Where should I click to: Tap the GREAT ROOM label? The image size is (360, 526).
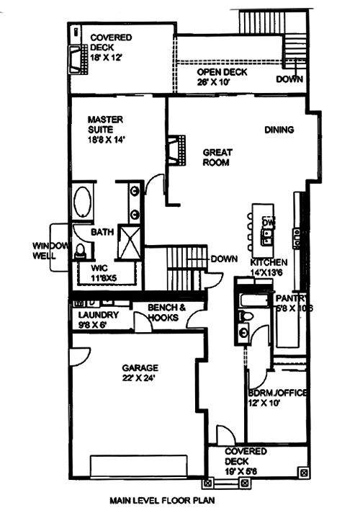tap(216, 157)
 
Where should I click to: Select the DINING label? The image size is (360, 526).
tap(279, 130)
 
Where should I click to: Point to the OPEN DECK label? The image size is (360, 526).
tap(222, 73)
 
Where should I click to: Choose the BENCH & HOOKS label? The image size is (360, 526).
tap(167, 312)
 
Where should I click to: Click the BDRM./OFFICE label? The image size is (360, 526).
tap(277, 393)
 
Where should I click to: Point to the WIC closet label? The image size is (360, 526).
tap(99, 268)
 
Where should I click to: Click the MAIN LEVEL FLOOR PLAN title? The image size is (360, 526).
tap(162, 499)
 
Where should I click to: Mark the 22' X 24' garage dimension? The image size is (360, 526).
tap(140, 376)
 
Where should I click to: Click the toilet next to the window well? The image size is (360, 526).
tap(80, 251)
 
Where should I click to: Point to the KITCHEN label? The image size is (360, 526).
tap(269, 262)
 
